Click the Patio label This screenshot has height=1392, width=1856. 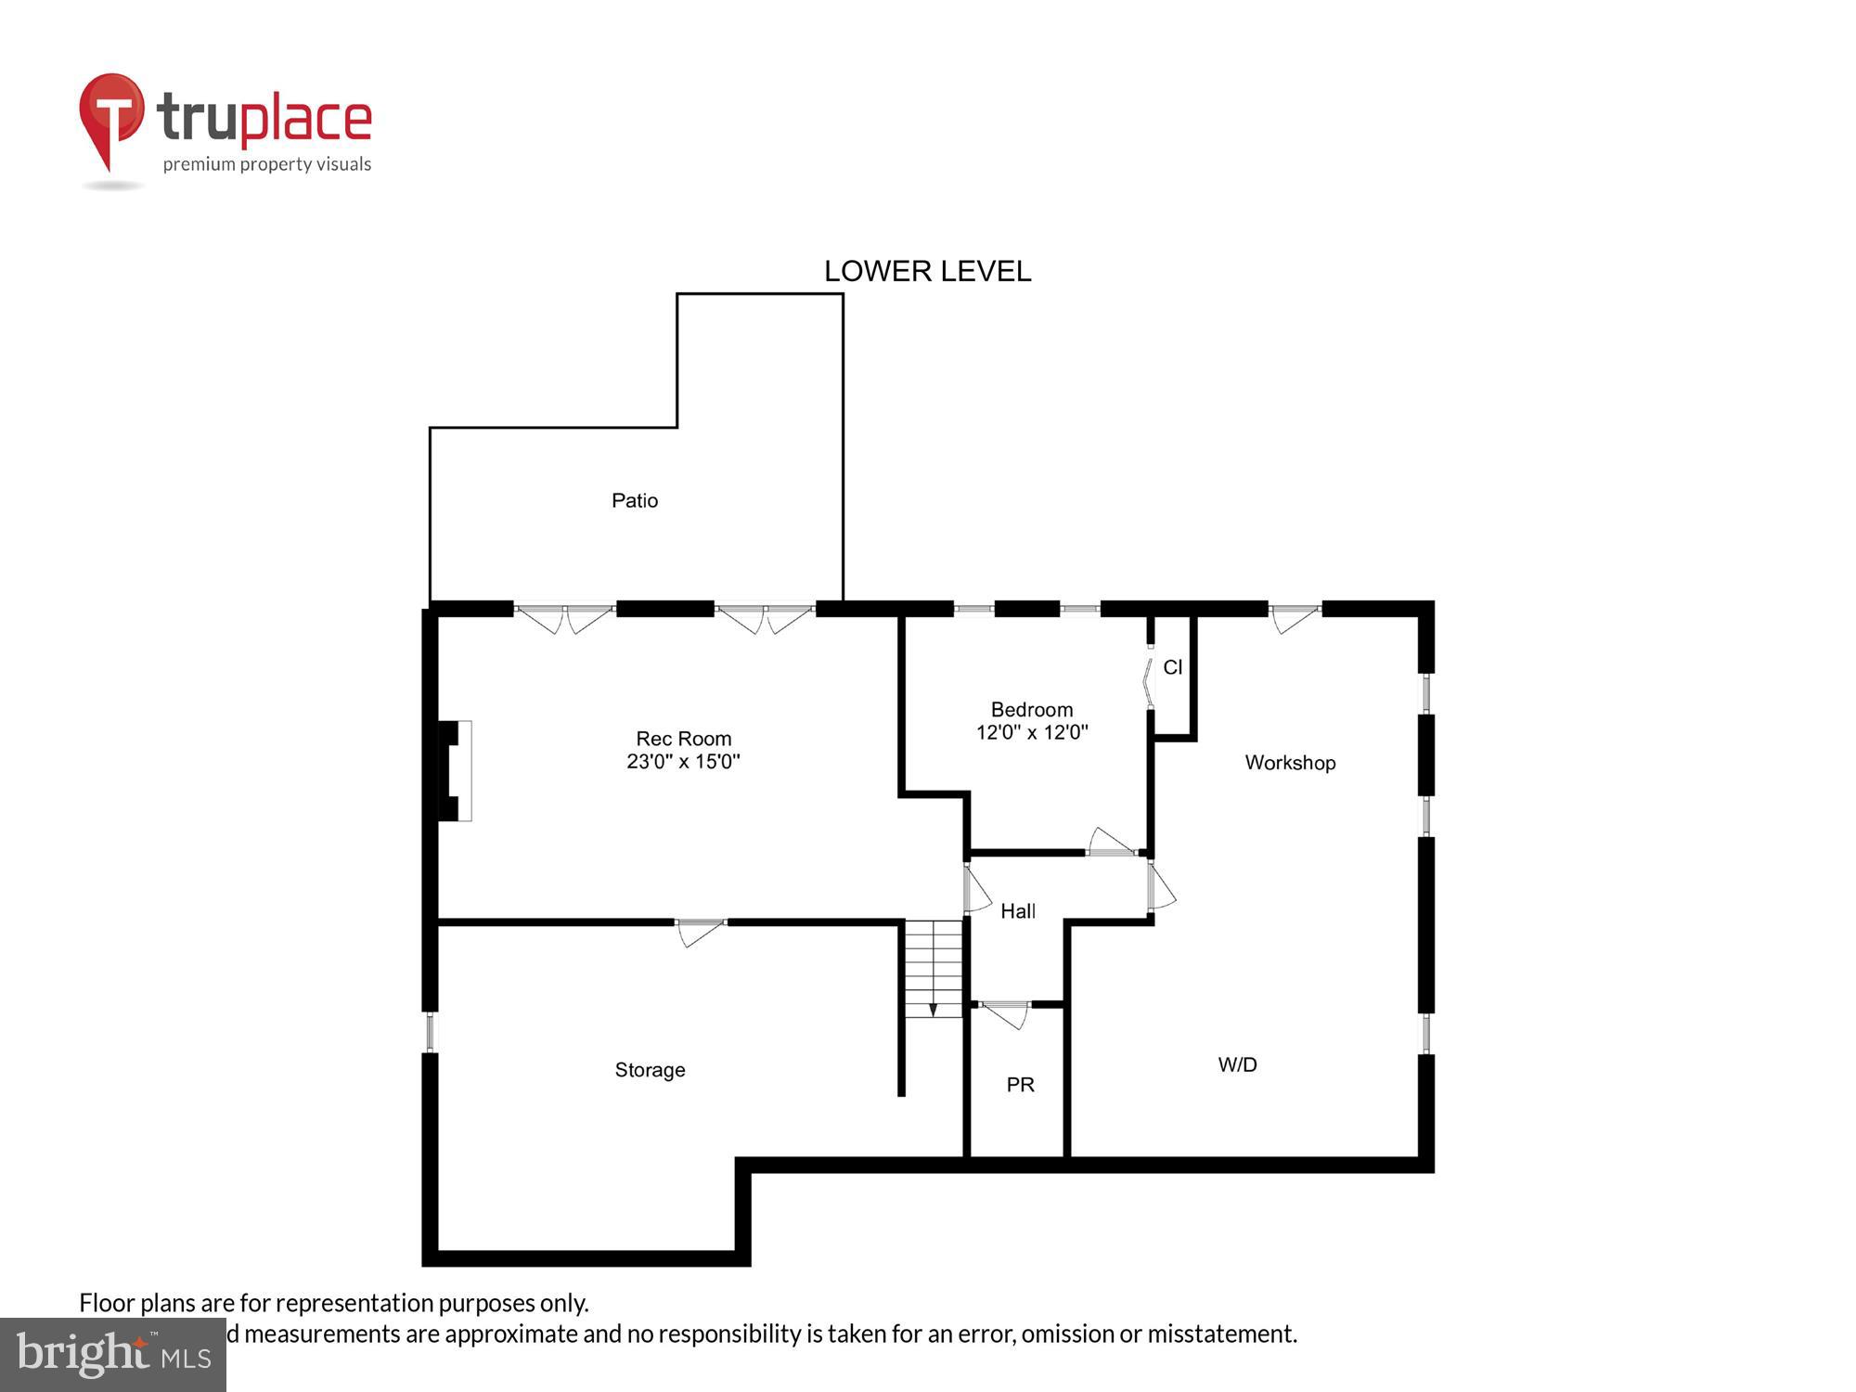point(635,501)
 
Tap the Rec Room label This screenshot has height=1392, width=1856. point(684,739)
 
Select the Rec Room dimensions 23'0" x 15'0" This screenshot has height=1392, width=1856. point(684,762)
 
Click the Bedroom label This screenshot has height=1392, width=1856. point(1032,710)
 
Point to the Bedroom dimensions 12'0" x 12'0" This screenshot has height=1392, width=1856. point(1032,732)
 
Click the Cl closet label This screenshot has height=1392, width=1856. point(1173,667)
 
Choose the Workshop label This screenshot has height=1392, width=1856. point(1290,763)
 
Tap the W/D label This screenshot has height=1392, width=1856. point(1238,1065)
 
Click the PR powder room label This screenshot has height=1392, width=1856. point(1020,1085)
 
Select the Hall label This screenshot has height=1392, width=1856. point(1018,911)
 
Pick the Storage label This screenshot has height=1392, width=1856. point(650,1070)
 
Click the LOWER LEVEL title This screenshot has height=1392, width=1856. point(928,271)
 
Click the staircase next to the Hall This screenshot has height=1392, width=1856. point(934,969)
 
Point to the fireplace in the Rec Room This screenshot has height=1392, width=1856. point(456,771)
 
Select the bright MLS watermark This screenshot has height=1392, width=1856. point(113,1356)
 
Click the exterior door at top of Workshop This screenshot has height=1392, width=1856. point(1295,616)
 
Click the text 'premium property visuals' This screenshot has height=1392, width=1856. point(267,165)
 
